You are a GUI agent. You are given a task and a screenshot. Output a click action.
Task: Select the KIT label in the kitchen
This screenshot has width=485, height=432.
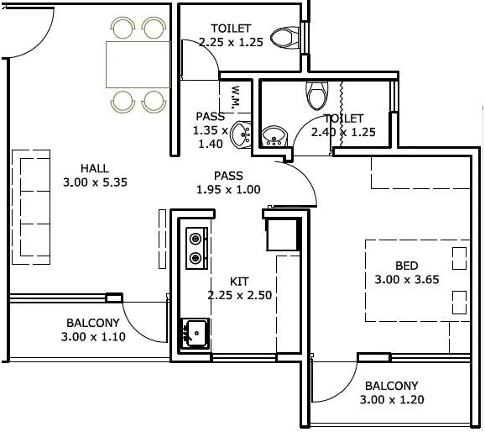pos(238,282)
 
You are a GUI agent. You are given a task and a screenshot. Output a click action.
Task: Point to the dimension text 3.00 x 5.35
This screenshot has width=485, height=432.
pos(94,182)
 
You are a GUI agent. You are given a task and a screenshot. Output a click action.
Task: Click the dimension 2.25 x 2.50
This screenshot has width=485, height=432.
pos(238,295)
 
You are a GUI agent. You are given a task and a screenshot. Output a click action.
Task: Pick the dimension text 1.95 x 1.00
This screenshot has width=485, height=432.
pos(228,190)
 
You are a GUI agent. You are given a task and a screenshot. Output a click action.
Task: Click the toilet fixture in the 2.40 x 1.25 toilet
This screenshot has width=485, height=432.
pos(317,93)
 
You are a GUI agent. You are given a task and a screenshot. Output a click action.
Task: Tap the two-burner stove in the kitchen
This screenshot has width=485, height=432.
pos(196,248)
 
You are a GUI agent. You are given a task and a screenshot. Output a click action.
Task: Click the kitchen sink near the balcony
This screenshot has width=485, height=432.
pos(196,333)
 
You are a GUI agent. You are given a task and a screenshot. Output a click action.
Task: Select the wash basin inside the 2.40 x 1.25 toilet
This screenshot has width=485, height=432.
pos(274,137)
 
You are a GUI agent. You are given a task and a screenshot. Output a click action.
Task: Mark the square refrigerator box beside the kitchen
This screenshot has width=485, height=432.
pos(282,232)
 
